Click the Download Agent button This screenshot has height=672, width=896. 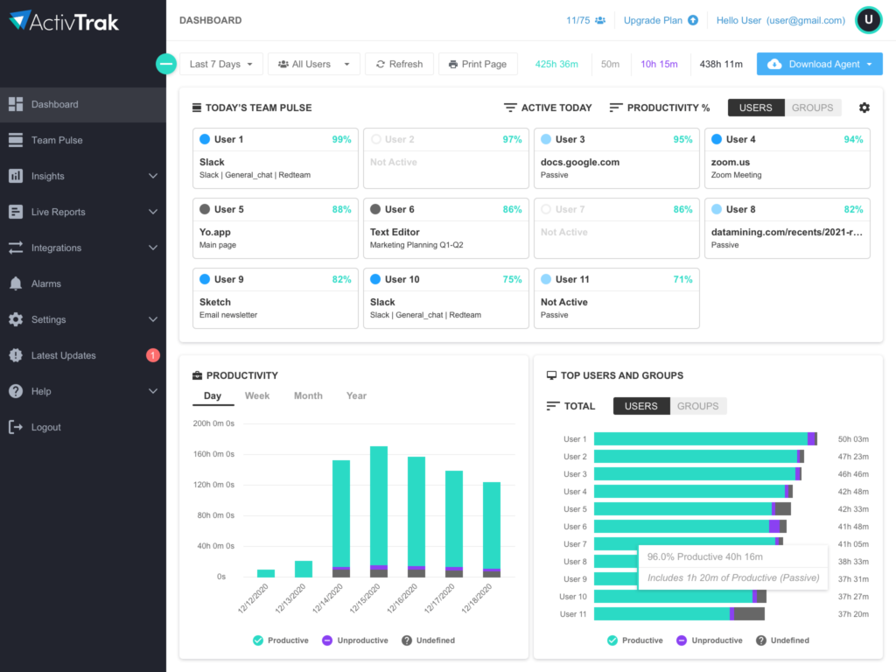pyautogui.click(x=820, y=64)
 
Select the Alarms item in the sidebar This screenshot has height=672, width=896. pyautogui.click(x=46, y=283)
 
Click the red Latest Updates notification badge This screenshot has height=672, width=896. pyautogui.click(x=153, y=355)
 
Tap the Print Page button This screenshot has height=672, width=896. pyautogui.click(x=477, y=64)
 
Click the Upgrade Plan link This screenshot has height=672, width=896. pyautogui.click(x=661, y=20)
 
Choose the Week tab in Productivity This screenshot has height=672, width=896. pyautogui.click(x=257, y=395)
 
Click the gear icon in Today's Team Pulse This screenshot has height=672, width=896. pyautogui.click(x=864, y=108)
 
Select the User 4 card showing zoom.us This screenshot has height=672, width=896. pyautogui.click(x=787, y=158)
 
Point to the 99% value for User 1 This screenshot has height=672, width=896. pyautogui.click(x=341, y=139)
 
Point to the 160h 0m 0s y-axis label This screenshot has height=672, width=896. pyautogui.click(x=213, y=454)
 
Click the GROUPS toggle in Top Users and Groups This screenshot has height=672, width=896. pyautogui.click(x=697, y=406)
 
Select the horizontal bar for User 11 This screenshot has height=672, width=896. pyautogui.click(x=678, y=614)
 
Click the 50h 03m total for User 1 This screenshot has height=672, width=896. pyautogui.click(x=853, y=439)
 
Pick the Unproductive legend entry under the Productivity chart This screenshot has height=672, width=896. pyautogui.click(x=354, y=640)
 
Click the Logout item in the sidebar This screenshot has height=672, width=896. pyautogui.click(x=45, y=427)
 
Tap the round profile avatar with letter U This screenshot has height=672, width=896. pyautogui.click(x=868, y=20)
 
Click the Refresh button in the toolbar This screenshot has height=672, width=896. pyautogui.click(x=399, y=64)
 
